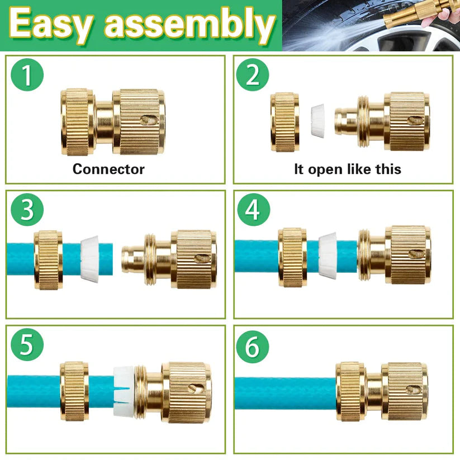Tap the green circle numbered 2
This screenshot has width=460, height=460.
(253, 75)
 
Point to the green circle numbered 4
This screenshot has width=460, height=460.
(253, 210)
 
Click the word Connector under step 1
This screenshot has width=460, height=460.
(108, 169)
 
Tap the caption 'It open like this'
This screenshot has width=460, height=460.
(347, 169)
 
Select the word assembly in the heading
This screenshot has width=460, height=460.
(190, 26)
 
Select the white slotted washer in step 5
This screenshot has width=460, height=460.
(124, 391)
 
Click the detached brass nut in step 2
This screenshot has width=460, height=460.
(284, 121)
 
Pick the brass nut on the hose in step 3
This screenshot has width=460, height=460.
(48, 259)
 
